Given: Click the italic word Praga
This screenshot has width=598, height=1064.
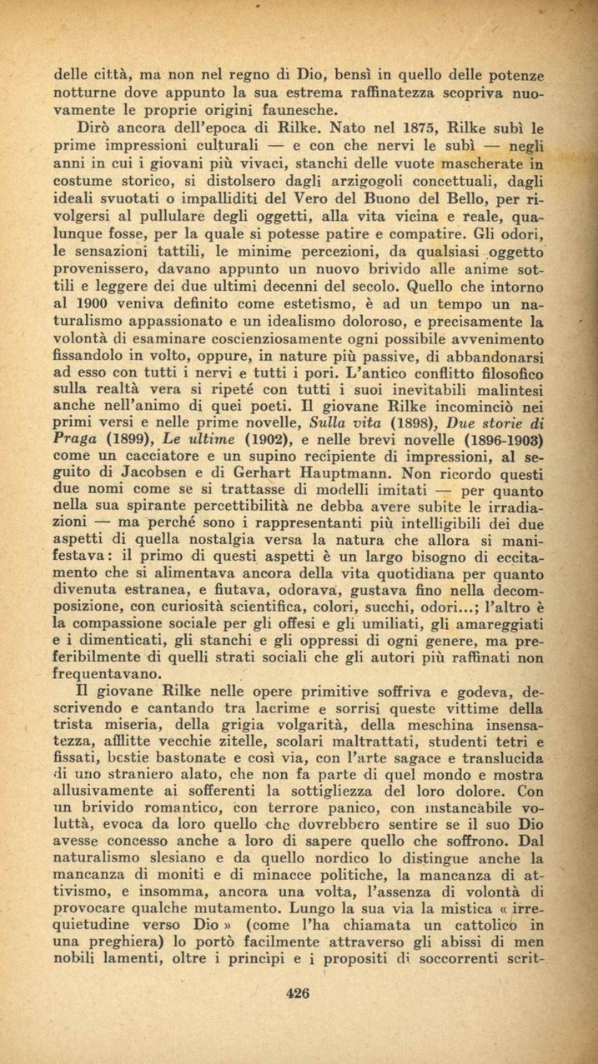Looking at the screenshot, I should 75,438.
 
